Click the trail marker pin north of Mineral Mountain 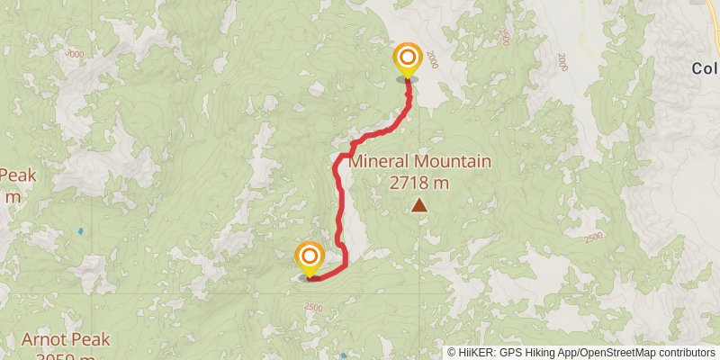coord(408,61)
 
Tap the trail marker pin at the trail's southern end coord(309,258)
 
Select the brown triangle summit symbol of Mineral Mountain coord(419,206)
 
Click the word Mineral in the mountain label coord(379,162)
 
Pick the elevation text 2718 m coord(419,183)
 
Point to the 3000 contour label coord(75,54)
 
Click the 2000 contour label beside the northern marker coord(436,59)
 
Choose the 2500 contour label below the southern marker coord(312,308)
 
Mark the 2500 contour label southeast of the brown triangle coord(592,237)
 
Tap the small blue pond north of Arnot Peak coord(80,231)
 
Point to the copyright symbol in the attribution coord(453,353)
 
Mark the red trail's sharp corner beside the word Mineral coord(340,157)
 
